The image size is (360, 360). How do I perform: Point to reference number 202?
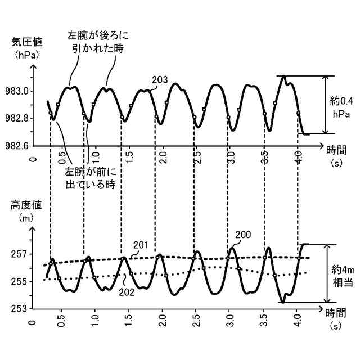(128, 291)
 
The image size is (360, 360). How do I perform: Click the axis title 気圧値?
(24, 42)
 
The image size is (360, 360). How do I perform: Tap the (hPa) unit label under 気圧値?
(24, 55)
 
